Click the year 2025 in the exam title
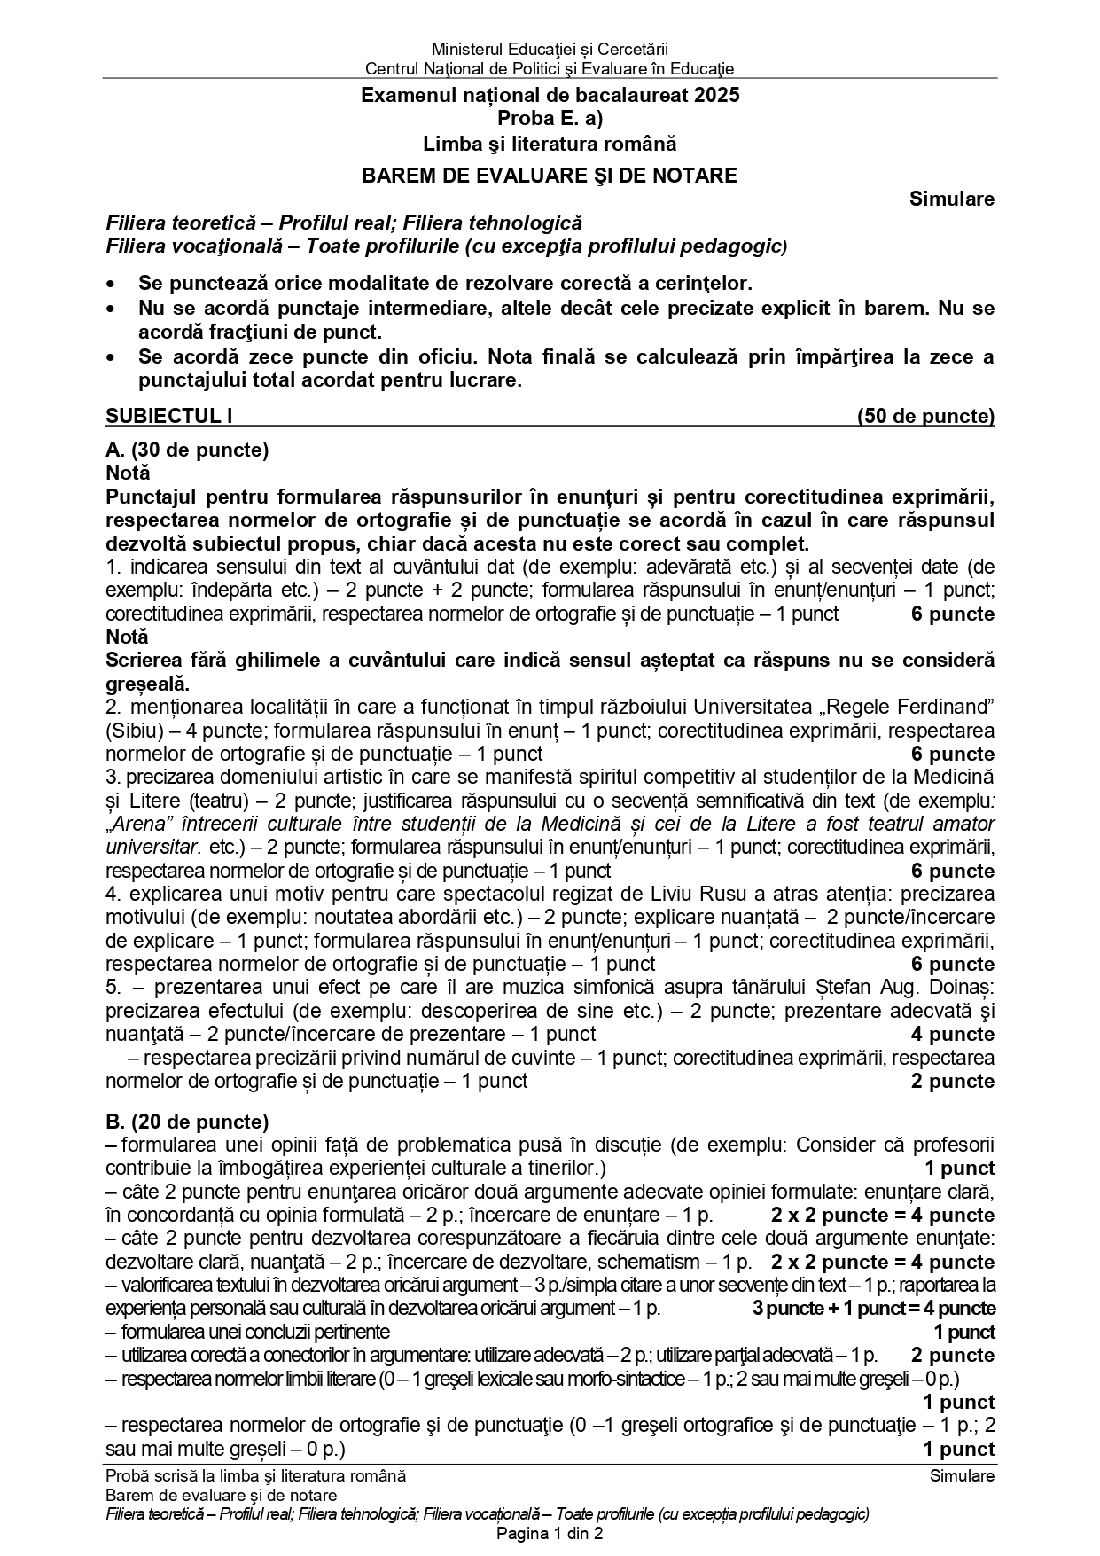pos(717,95)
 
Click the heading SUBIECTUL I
pos(168,416)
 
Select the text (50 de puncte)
pos(925,416)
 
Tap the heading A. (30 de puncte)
pos(187,450)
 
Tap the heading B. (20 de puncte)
pos(187,1122)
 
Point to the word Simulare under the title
pos(951,199)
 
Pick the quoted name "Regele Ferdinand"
pos(912,707)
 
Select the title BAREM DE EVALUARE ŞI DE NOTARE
pos(550,175)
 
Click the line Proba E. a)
pos(550,118)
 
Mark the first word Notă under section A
pos(128,473)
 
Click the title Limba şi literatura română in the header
pos(550,142)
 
